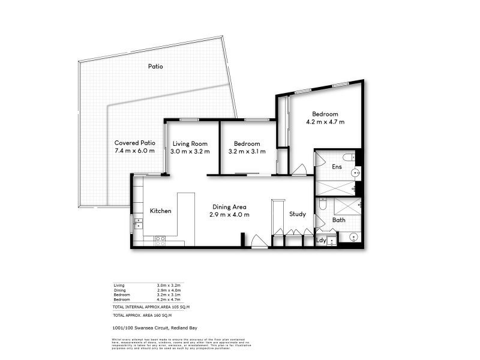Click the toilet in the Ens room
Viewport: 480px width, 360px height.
point(353,157)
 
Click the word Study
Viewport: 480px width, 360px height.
point(298,214)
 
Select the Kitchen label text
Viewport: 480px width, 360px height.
point(160,211)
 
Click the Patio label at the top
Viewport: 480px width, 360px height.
point(156,67)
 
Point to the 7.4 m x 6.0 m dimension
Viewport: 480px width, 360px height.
point(135,151)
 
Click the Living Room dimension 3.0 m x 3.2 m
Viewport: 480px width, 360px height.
point(190,152)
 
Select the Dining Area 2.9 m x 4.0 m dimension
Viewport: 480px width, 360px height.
point(229,214)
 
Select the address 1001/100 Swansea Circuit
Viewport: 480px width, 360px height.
point(155,328)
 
